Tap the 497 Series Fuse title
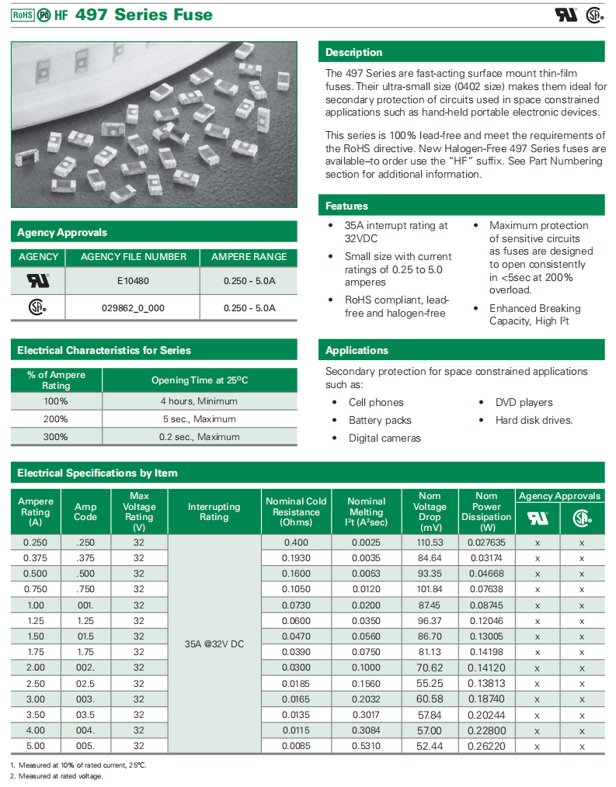[x=144, y=16]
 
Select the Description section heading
[x=353, y=52]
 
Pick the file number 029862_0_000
[x=133, y=308]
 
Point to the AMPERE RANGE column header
[x=249, y=257]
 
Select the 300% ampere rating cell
[x=56, y=437]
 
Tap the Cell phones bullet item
[x=376, y=402]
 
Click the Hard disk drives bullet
[x=534, y=420]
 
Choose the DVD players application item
[x=524, y=402]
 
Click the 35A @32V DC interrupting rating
[x=214, y=644]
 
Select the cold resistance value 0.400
[x=296, y=543]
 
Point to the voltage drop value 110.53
[x=430, y=543]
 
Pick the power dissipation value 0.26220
[x=486, y=746]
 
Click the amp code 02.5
[x=85, y=684]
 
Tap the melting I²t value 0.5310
[x=366, y=746]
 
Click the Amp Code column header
[x=85, y=511]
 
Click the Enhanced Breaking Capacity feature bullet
[x=534, y=314]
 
